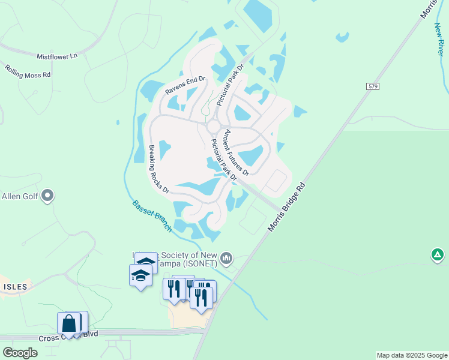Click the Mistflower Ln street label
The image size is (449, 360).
point(58,56)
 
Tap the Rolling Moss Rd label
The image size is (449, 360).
point(28,71)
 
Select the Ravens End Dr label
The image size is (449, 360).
point(185,86)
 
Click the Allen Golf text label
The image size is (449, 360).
point(20,196)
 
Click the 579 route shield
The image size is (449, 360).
point(372,87)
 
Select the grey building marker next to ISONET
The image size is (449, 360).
point(226,258)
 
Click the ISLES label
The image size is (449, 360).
point(14,287)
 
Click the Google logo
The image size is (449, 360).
point(20,353)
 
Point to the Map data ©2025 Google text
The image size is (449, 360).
point(411,355)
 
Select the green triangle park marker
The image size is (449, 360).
point(438,255)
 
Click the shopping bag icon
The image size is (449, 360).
point(69,324)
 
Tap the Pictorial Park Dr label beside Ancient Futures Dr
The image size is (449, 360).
point(224,160)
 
